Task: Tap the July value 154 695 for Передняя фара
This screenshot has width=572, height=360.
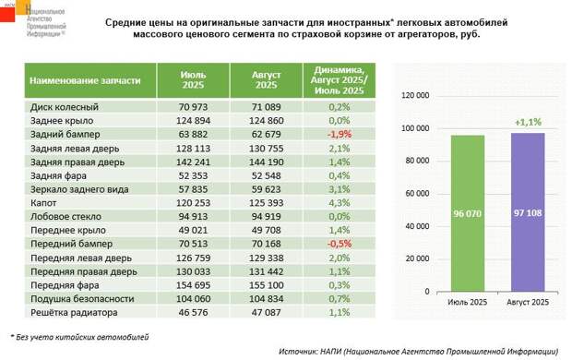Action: (x=186, y=286)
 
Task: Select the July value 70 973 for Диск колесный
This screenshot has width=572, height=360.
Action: (x=186, y=106)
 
